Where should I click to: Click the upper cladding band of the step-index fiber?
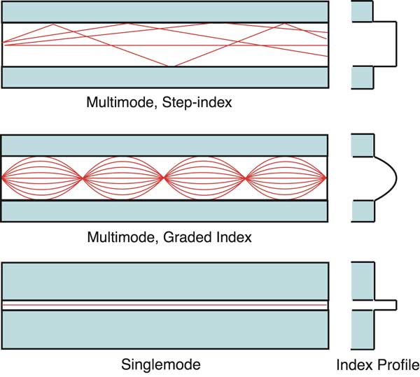[166, 12]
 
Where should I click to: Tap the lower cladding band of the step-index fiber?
[166, 76]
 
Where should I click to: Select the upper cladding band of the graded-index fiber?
[166, 145]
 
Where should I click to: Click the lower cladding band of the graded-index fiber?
[166, 211]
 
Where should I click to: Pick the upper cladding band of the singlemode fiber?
[166, 280]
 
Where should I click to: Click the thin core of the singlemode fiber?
[166, 305]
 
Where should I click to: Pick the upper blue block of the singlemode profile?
[362, 280]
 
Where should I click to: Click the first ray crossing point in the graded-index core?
[84, 178]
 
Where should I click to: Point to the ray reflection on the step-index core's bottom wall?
[168, 66]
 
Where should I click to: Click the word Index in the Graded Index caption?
[234, 237]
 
